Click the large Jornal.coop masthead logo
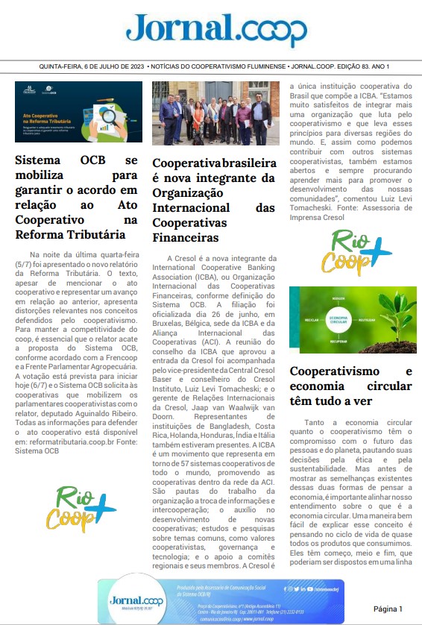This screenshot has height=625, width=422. (x=216, y=31)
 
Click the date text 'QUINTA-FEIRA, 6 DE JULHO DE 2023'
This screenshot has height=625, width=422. (x=92, y=67)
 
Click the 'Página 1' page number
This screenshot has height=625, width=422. (x=388, y=609)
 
